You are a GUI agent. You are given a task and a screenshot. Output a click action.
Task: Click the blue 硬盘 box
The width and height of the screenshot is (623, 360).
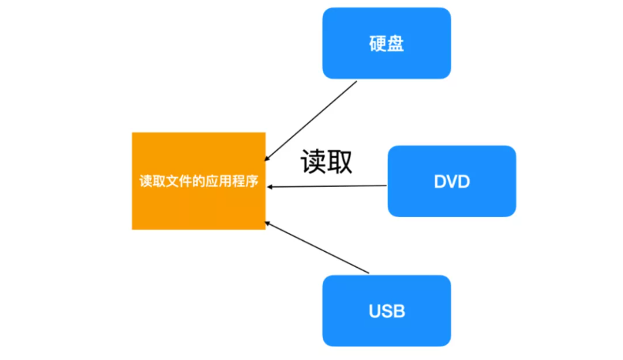point(386,42)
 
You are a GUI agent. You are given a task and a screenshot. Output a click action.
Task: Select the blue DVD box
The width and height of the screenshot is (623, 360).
point(451,181)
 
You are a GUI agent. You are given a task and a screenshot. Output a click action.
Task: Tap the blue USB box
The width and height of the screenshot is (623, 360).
point(386,310)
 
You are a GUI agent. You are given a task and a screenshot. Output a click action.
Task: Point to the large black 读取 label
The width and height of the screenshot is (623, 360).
point(327,162)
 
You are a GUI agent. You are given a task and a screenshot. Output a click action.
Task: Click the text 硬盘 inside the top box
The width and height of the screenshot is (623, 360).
point(386,43)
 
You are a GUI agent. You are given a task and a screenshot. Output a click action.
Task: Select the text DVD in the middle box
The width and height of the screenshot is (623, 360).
point(452,182)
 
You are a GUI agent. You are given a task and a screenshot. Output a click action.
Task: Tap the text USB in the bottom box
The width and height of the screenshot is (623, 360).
point(387,311)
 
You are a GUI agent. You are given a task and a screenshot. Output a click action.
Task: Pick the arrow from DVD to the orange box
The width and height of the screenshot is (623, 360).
point(328,186)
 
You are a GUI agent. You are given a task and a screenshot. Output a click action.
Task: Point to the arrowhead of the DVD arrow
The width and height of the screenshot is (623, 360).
point(270,186)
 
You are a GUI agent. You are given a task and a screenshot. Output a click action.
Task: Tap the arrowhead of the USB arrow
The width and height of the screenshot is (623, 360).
point(268,222)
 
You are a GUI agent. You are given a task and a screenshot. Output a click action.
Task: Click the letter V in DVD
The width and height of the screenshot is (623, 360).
point(452,182)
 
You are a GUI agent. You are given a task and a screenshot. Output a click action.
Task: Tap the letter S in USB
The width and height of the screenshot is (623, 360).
point(387,311)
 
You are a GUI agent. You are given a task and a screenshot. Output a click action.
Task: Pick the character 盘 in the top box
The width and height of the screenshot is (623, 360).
point(395,43)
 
